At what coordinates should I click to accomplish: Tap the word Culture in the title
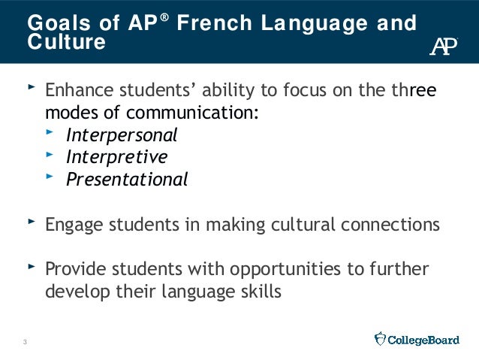pyautogui.click(x=66, y=42)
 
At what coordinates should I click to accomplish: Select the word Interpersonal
pyautogui.click(x=122, y=135)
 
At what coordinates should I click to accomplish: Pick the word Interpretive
pyautogui.click(x=116, y=157)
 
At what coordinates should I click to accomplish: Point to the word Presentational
pyautogui.click(x=126, y=180)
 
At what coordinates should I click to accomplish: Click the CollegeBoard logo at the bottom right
pyautogui.click(x=417, y=340)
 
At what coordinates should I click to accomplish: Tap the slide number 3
pyautogui.click(x=25, y=343)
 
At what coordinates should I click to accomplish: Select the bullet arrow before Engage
pyautogui.click(x=31, y=222)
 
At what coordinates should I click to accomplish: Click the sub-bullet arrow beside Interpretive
pyautogui.click(x=50, y=155)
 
